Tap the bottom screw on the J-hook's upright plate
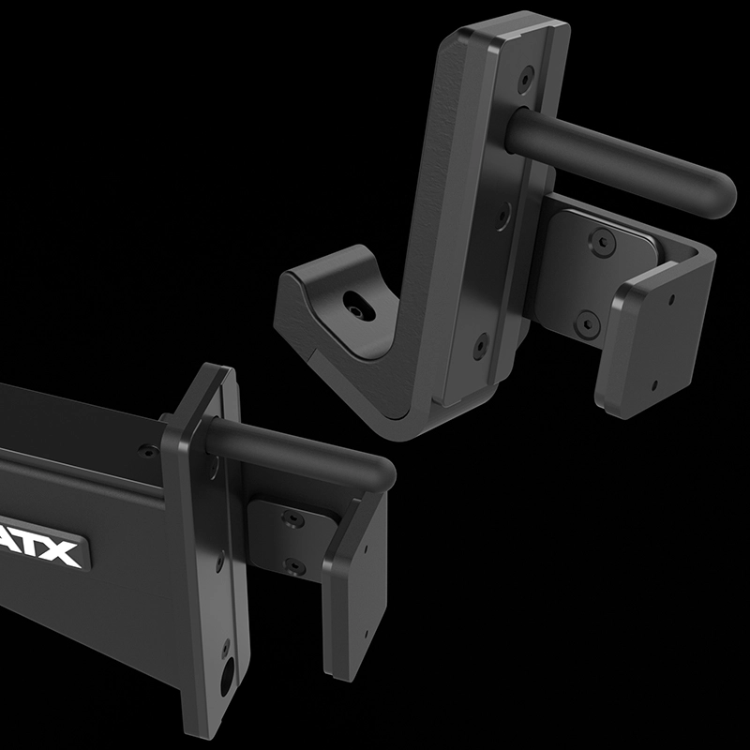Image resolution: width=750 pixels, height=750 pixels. (480, 345)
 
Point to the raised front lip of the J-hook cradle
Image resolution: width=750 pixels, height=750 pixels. (309, 281)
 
